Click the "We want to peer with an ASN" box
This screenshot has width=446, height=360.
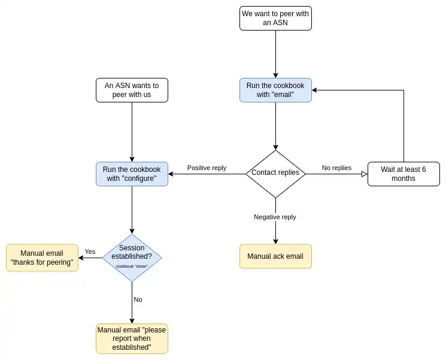point(275,18)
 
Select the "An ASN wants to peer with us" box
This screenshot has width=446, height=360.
point(132,90)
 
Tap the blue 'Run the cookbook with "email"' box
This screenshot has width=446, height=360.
point(275,90)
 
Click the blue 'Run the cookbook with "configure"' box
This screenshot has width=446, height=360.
point(132,174)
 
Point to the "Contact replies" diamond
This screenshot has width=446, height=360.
point(275,173)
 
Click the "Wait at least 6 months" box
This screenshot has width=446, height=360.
point(403,174)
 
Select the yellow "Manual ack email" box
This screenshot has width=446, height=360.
point(275,256)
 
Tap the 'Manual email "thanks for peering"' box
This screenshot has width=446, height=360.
point(42,258)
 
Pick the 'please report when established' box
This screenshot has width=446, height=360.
point(132,338)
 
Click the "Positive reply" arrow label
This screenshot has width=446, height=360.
point(207,168)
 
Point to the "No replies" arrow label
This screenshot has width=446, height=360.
point(336,168)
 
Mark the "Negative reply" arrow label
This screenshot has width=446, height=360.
point(275,217)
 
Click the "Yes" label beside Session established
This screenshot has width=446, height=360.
point(90,252)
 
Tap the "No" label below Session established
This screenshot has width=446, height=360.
point(138,300)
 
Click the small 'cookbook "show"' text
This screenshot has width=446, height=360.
point(132,267)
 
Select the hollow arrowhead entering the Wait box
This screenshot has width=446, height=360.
point(364,174)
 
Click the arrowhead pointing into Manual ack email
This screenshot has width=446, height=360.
point(275,241)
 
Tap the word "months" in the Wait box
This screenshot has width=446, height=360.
point(403,179)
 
